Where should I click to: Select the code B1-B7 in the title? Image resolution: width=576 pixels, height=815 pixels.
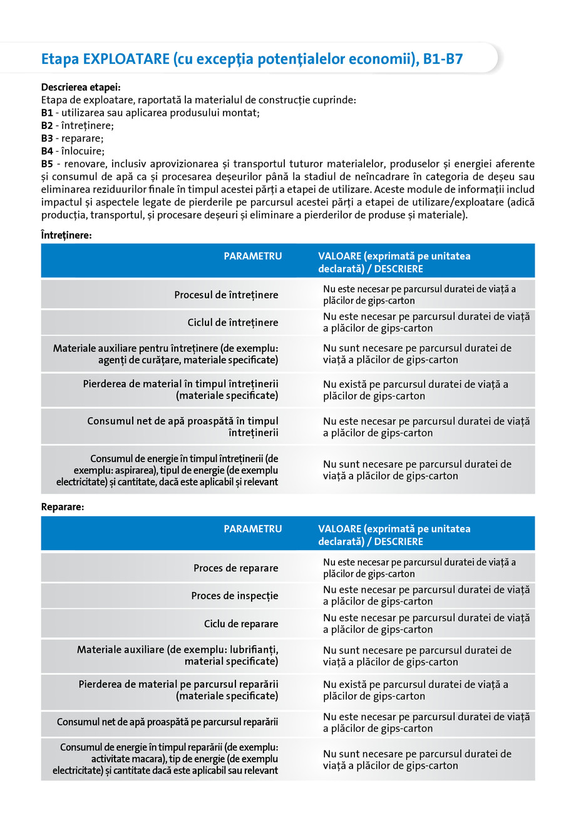[443, 59]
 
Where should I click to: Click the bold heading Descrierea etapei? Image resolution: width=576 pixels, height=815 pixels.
[81, 87]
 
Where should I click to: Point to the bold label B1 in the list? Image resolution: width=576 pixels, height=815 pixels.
[47, 113]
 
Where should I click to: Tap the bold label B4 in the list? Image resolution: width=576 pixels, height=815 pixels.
[47, 151]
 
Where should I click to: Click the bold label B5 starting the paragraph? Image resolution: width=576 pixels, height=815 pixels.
[47, 164]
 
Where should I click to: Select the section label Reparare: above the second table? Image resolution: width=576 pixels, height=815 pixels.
[63, 507]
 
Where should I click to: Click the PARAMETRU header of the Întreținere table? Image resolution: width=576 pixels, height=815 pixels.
[252, 256]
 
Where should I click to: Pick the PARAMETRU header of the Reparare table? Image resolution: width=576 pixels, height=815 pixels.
[252, 529]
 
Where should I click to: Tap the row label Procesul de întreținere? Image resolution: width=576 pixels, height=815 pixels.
[226, 294]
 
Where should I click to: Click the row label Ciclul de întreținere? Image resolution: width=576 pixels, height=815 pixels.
[233, 323]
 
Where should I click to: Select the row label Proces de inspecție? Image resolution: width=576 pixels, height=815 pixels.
[235, 596]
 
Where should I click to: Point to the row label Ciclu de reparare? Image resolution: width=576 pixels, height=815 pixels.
[241, 624]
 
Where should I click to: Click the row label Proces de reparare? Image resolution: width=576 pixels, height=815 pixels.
[235, 568]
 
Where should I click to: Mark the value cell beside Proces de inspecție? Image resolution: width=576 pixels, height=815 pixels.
[426, 596]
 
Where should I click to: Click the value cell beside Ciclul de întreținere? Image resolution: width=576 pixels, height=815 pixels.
[426, 323]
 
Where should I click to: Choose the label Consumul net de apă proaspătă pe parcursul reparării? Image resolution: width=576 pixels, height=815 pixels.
[168, 722]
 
